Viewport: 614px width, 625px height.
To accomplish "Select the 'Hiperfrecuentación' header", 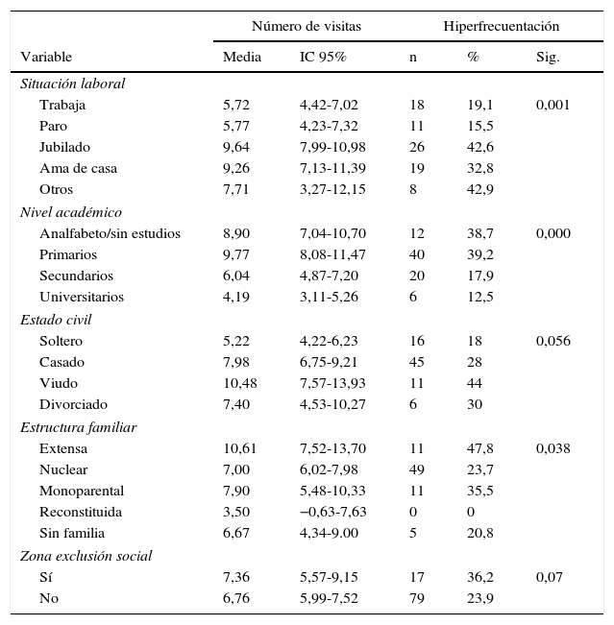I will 501,26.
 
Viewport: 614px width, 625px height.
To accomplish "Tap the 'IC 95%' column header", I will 323,58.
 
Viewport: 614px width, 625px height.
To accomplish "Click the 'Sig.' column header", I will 548,58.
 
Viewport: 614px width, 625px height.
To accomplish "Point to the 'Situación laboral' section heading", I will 73,84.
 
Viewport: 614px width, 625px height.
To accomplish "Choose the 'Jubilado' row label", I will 64,147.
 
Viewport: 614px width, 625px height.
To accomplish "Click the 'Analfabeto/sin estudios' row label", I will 110,233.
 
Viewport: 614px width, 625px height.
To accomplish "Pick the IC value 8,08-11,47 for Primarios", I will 332,254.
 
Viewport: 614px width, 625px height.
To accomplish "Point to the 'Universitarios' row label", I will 82,297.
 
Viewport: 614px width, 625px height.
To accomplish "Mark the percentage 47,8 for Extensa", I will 480,448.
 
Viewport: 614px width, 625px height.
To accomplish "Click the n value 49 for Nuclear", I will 416,469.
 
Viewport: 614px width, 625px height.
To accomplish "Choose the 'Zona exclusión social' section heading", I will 86,556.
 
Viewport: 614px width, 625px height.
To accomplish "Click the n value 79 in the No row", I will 416,598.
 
